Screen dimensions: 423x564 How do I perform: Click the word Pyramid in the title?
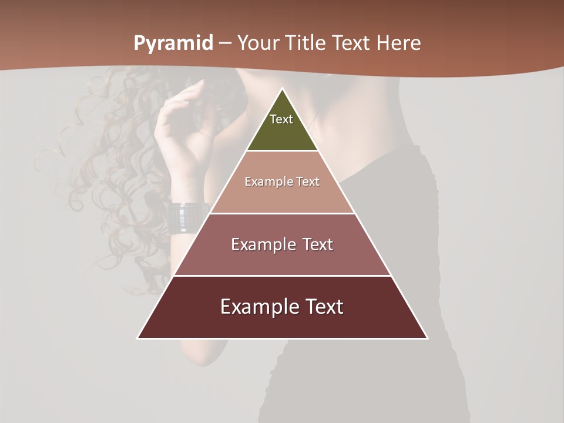(x=173, y=43)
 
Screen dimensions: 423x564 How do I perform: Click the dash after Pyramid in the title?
(x=226, y=44)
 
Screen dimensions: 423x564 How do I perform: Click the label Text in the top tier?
(x=281, y=119)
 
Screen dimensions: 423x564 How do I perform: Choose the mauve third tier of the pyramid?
(x=282, y=258)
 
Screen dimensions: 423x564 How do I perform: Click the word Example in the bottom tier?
(x=257, y=307)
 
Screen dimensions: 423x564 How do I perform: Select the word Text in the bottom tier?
(x=323, y=307)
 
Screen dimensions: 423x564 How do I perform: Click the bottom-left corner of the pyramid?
(x=137, y=338)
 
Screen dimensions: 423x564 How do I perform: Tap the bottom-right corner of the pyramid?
(x=427, y=338)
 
